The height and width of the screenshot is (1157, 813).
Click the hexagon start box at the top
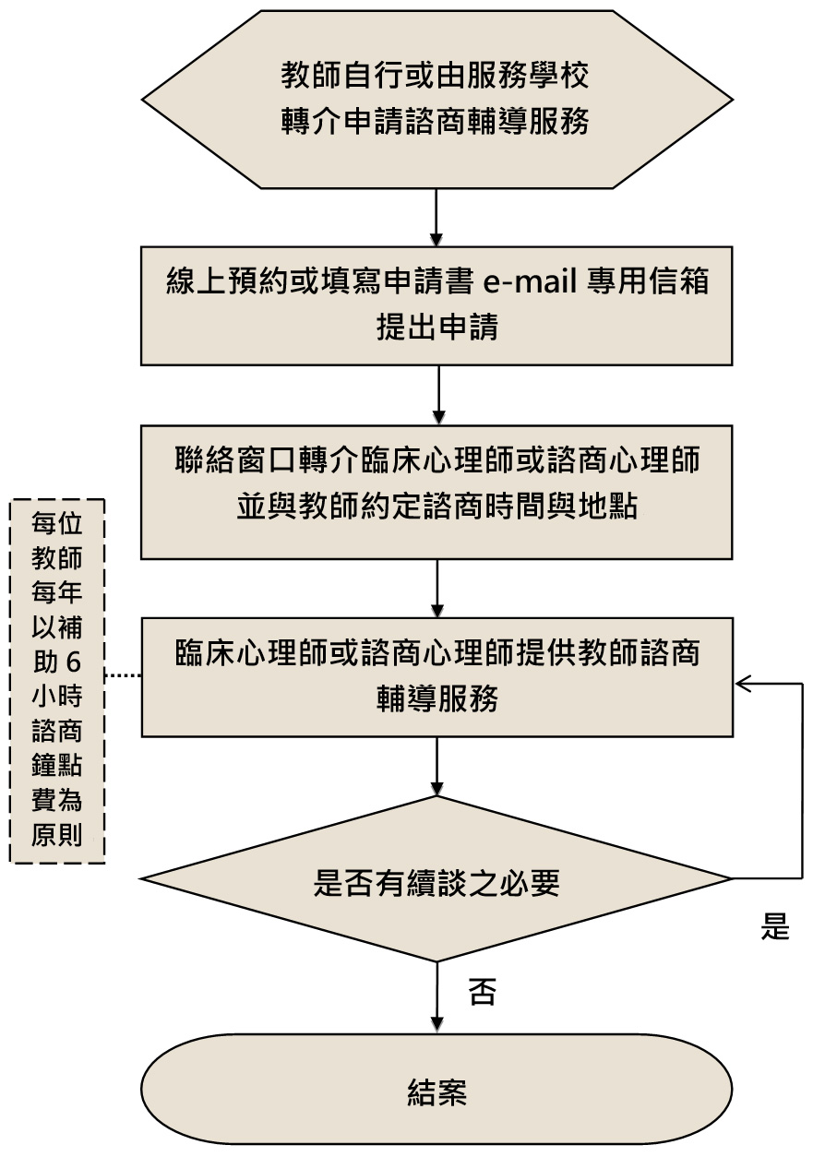pos(436,99)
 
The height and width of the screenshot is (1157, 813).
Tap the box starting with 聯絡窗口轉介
pos(436,491)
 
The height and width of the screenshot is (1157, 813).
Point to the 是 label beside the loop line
pos(775,926)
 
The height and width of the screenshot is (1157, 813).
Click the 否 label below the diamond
pos(482,992)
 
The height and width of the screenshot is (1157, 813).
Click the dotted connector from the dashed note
pos(122,676)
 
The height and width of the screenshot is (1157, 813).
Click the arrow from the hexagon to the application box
pos(436,218)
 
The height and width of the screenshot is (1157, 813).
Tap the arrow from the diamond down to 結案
pos(436,996)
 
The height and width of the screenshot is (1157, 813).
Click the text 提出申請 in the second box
pos(436,328)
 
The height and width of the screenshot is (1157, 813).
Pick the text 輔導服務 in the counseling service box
pos(436,698)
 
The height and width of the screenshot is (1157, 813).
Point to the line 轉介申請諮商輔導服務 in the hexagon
pos(436,122)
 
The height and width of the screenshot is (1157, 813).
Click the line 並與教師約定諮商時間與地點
pos(436,507)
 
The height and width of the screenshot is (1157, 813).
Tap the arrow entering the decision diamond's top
pos(436,766)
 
